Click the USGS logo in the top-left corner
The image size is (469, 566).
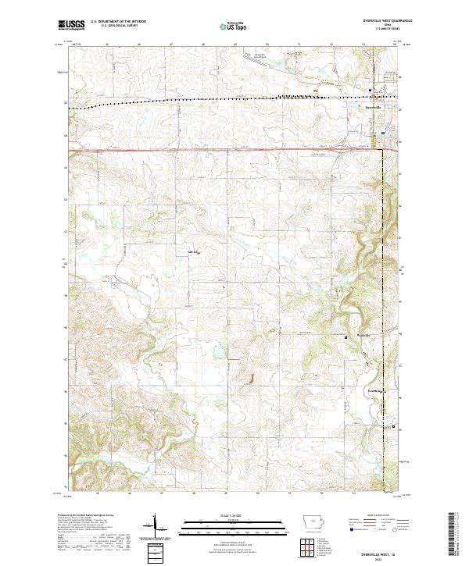coord(71,25)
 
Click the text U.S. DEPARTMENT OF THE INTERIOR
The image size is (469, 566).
coord(118,22)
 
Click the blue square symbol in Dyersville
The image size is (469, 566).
coord(382,133)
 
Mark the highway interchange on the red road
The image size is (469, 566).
coord(345,147)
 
